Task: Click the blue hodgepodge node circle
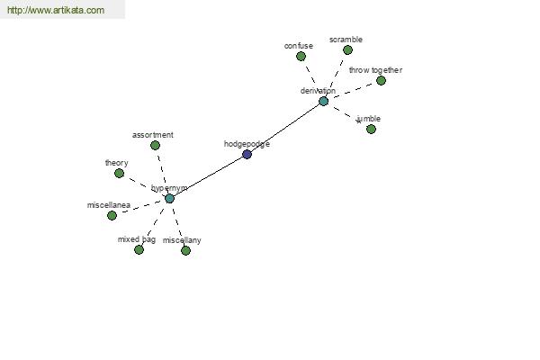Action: (x=247, y=154)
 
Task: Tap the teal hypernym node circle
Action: (x=169, y=198)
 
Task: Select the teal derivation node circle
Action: (x=323, y=102)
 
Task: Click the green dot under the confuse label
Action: (x=301, y=56)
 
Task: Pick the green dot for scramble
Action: (x=347, y=50)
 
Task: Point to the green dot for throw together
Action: (x=381, y=81)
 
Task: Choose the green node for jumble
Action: (x=371, y=130)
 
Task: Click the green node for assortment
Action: (x=156, y=146)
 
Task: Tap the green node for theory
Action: (x=119, y=174)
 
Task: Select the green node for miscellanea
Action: (x=112, y=216)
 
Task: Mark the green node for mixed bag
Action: (x=139, y=250)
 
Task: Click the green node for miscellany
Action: (x=185, y=250)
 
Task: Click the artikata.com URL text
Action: (x=56, y=10)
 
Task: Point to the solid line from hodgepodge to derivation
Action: (x=285, y=128)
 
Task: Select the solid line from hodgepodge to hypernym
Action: (x=208, y=176)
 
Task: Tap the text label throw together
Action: (x=375, y=70)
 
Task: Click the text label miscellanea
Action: (x=109, y=205)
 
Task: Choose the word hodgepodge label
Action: (x=247, y=144)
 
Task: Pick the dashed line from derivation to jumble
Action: (x=346, y=114)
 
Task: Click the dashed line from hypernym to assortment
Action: (x=162, y=170)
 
